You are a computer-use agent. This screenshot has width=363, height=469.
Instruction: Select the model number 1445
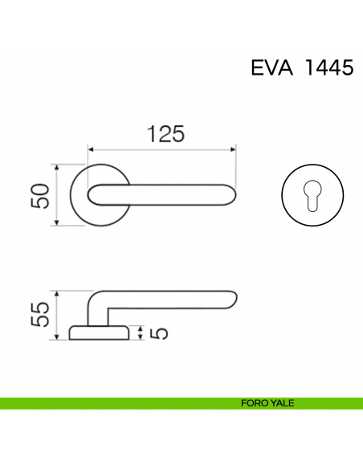pos(328,67)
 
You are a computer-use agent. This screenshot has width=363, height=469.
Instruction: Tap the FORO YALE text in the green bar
pos(267,403)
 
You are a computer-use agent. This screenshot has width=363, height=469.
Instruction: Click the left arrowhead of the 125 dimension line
pos(91,149)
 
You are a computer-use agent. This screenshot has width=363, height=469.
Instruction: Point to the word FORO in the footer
pos(253,403)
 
